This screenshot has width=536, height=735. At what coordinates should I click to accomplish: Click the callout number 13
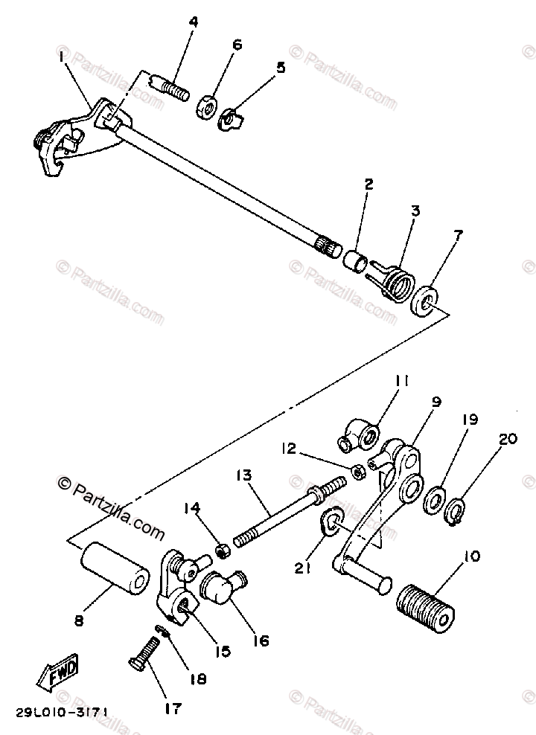244,475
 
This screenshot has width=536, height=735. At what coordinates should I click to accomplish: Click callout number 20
507,439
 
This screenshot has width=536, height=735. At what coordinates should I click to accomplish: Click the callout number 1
61,57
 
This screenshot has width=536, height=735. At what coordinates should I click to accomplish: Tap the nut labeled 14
223,551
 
